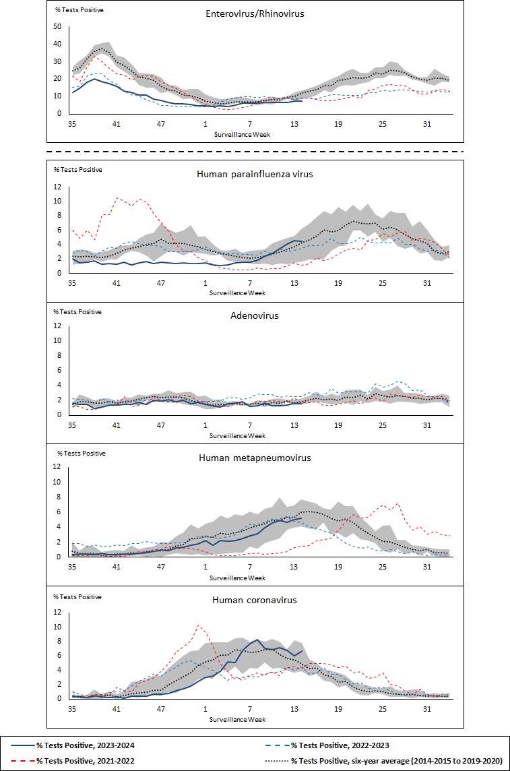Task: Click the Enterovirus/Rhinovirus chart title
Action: (255, 13)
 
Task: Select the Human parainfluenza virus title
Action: (255, 173)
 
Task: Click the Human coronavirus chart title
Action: (255, 600)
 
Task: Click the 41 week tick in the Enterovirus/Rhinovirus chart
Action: (117, 123)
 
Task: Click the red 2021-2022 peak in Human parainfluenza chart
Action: (117, 197)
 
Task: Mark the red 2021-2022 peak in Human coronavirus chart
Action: (198, 625)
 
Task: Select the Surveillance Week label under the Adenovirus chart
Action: (237, 435)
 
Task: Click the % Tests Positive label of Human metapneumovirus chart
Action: (82, 453)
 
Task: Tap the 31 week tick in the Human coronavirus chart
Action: (426, 709)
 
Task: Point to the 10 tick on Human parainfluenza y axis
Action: (57, 201)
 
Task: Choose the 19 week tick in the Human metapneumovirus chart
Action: (338, 567)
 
